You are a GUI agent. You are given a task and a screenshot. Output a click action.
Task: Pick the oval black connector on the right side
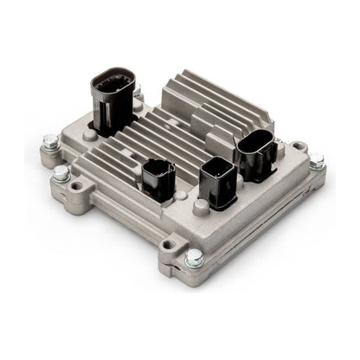click(x=259, y=155)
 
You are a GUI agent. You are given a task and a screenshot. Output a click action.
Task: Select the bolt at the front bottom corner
click(x=194, y=257)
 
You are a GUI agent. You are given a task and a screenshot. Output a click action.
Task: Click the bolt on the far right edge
click(x=317, y=161)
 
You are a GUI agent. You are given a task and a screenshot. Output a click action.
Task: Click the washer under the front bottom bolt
click(x=194, y=262)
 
